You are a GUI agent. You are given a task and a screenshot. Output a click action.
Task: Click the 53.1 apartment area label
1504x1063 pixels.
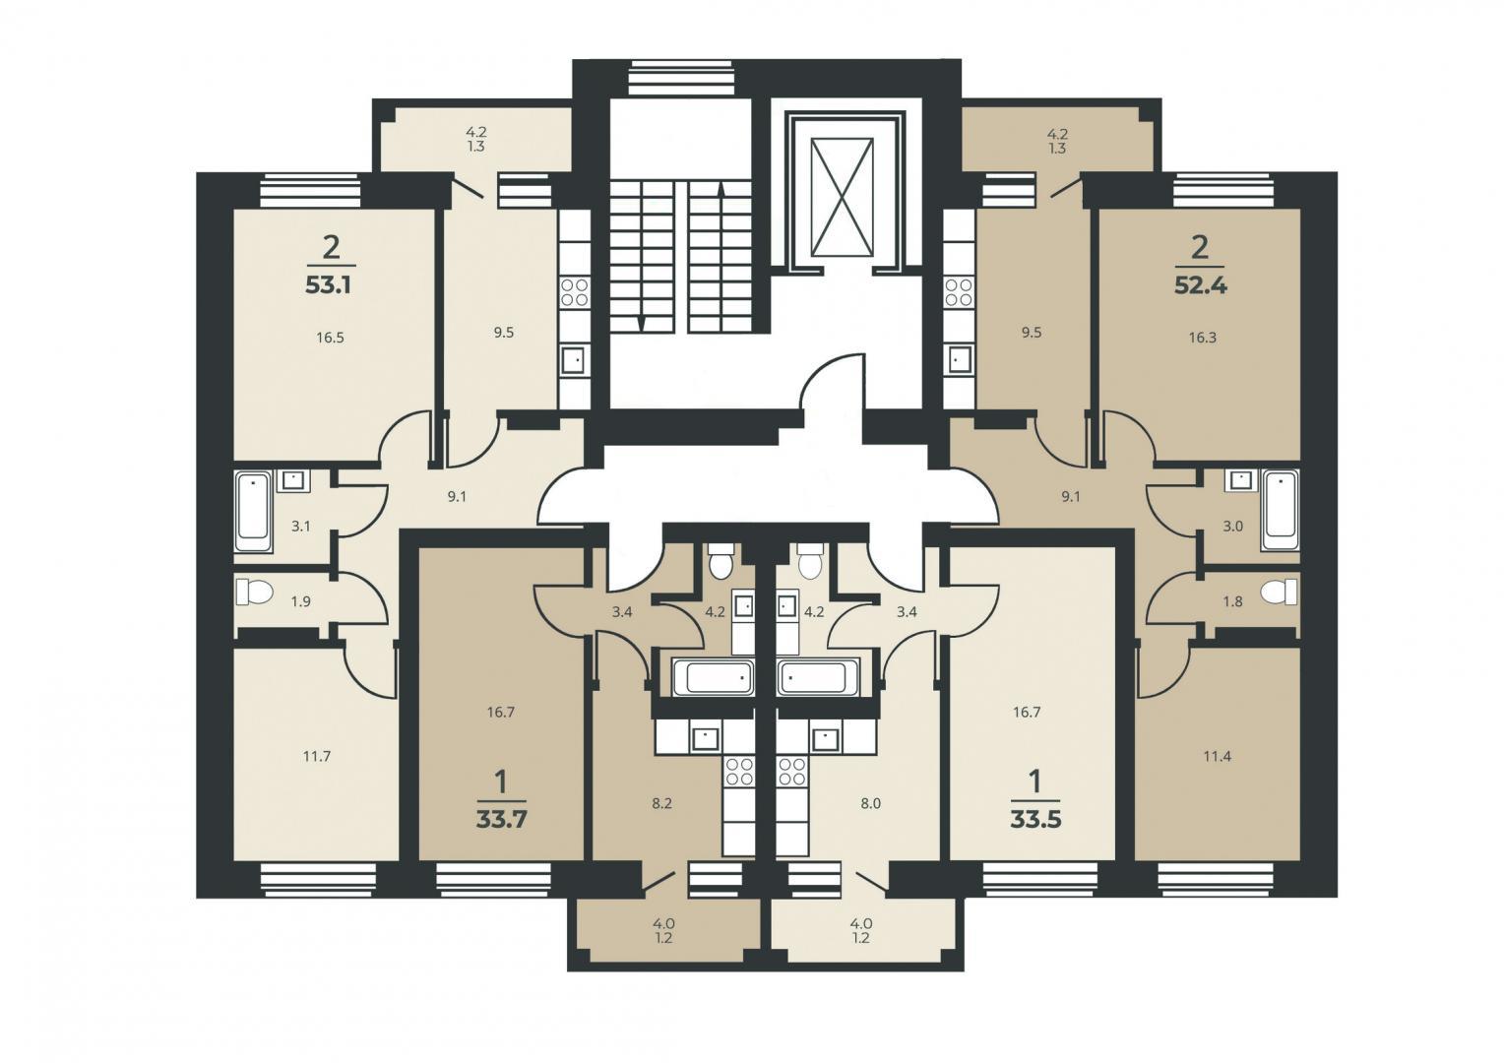tap(330, 285)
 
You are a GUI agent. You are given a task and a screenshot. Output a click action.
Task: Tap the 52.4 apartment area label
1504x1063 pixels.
tap(1201, 285)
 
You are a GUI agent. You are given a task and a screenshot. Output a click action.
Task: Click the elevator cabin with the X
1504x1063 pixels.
tap(842, 197)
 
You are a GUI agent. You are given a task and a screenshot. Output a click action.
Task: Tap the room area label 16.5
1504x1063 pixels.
tap(331, 338)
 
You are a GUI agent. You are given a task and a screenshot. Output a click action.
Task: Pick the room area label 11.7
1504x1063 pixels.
tap(317, 757)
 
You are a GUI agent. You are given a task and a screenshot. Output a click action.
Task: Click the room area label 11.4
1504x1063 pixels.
tap(1218, 757)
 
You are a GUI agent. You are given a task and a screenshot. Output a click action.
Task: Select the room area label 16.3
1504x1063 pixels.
tap(1203, 338)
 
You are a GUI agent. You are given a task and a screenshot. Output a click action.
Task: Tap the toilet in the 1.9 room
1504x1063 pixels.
tap(254, 593)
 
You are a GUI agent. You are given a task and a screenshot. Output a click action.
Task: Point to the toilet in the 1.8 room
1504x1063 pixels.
tap(1279, 593)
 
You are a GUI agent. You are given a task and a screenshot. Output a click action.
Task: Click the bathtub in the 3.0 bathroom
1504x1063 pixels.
tap(1281, 511)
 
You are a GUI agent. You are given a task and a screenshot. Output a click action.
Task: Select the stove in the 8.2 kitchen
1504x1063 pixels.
tap(739, 771)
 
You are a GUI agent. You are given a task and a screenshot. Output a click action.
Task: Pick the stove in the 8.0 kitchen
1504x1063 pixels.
tap(793, 771)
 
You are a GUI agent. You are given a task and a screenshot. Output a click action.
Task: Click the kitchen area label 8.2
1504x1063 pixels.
tap(662, 804)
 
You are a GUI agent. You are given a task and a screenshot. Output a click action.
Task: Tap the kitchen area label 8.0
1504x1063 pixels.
tap(870, 804)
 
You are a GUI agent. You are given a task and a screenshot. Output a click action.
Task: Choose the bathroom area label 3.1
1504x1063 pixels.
tap(301, 527)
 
